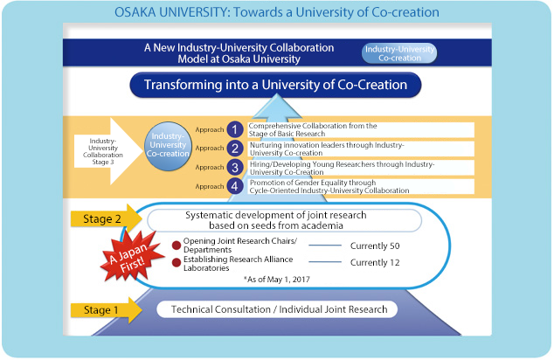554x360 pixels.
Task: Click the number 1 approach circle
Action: [235, 129]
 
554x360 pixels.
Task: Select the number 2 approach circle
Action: [235, 149]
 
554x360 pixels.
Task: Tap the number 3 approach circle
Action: [235, 167]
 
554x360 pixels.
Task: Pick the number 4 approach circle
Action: [235, 186]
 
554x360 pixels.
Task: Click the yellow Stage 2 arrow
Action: [107, 218]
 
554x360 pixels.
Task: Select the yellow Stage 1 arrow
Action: [107, 310]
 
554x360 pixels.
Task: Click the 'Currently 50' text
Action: [375, 246]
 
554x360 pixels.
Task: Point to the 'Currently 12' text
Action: [375, 262]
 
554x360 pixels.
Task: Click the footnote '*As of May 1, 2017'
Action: [277, 280]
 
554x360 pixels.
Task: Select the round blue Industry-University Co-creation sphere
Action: [168, 146]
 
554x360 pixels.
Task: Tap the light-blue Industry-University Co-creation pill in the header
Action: [399, 53]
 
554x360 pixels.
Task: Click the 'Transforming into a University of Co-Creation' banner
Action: [275, 85]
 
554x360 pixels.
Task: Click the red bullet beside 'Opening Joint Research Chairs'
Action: [177, 246]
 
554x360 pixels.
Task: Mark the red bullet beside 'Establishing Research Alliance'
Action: [177, 262]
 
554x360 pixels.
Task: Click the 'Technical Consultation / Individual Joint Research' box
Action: [277, 309]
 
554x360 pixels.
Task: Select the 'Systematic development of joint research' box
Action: [284, 220]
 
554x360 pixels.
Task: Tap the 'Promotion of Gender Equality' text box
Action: [361, 186]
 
